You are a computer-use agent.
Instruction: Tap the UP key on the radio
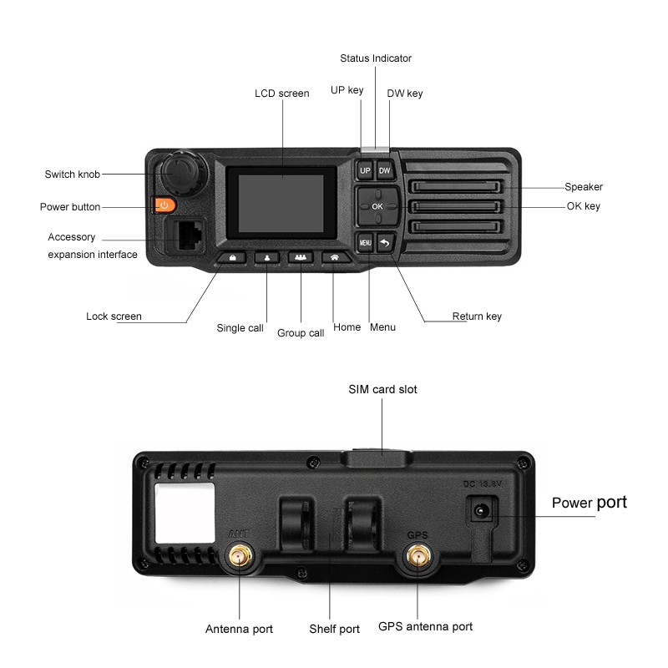click(364, 170)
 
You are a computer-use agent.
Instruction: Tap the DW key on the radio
click(384, 170)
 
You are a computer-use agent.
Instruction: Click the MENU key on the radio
click(365, 243)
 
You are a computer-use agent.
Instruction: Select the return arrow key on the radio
click(385, 243)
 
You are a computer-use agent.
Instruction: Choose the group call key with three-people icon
click(300, 258)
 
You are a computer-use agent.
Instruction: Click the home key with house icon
click(334, 258)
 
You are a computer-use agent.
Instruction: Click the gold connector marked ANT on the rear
click(240, 555)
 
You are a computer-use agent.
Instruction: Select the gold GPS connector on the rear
click(417, 555)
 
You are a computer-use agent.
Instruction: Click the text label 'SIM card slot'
click(382, 389)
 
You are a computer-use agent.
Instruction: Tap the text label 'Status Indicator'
click(376, 58)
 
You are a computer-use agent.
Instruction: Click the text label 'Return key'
click(477, 316)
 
